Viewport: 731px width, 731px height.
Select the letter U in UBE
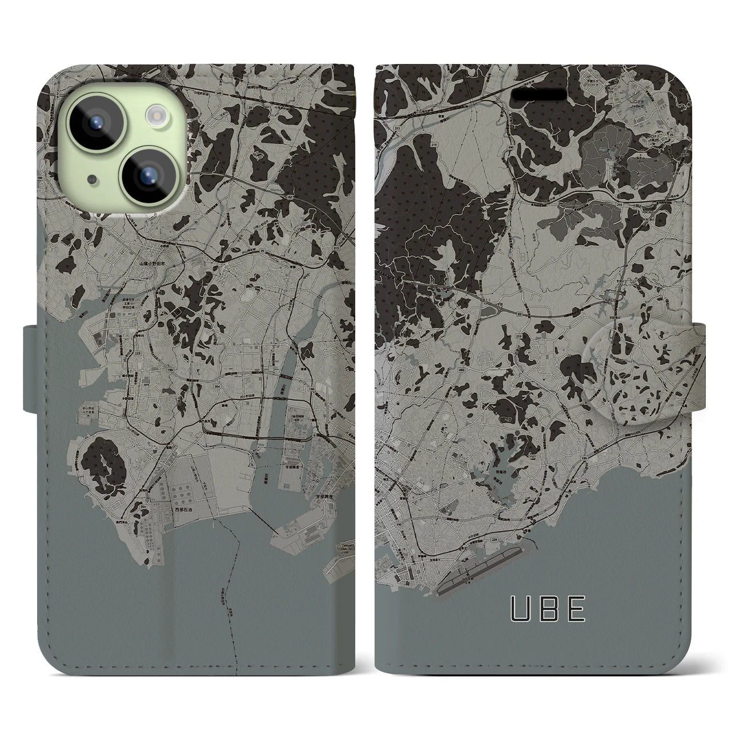click(x=519, y=609)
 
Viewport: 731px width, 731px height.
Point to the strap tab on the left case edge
click(x=32, y=368)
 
